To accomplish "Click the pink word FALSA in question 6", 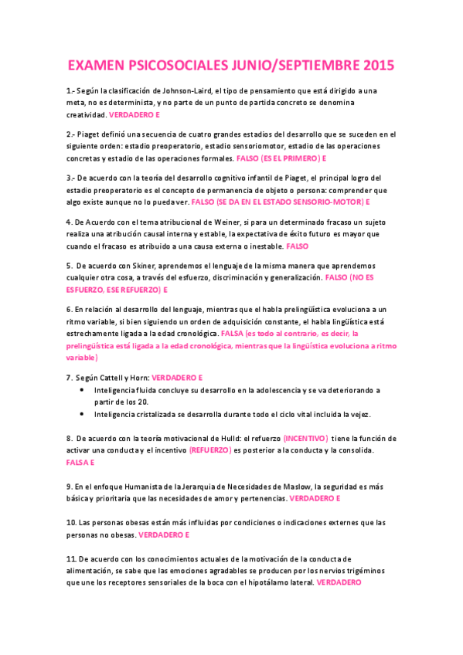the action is tap(232, 333).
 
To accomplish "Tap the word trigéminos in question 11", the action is tap(373, 570).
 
